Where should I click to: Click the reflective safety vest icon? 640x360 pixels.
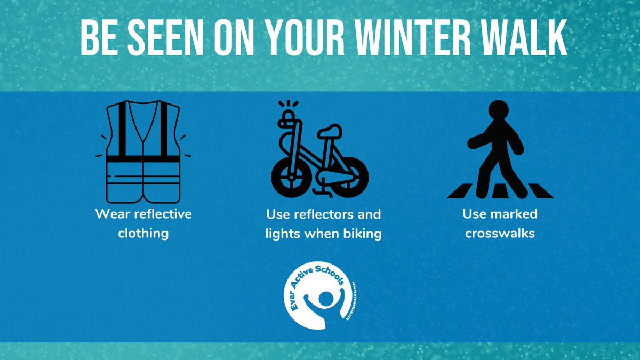(x=143, y=152)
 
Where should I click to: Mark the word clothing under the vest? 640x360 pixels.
(x=143, y=234)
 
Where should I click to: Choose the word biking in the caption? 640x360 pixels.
(x=362, y=234)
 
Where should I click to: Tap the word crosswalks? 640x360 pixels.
(x=500, y=234)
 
